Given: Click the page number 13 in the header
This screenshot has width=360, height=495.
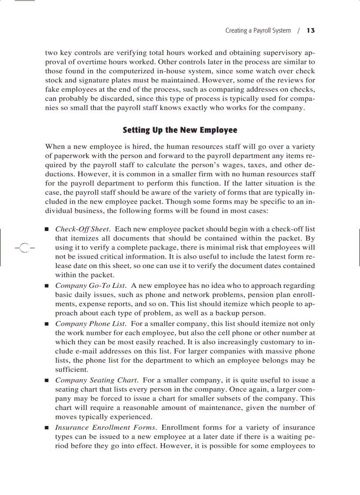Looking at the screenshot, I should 310,30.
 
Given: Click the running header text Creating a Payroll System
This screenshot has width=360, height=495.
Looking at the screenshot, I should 258,30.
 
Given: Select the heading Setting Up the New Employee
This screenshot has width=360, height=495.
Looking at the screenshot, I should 180,130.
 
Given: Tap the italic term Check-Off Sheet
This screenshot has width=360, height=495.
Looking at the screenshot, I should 82,229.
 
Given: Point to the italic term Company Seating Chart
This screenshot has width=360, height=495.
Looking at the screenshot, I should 97,380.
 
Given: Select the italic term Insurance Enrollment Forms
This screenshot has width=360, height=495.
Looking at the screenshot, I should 105,428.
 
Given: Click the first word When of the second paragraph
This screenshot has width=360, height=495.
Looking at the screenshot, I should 55,146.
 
